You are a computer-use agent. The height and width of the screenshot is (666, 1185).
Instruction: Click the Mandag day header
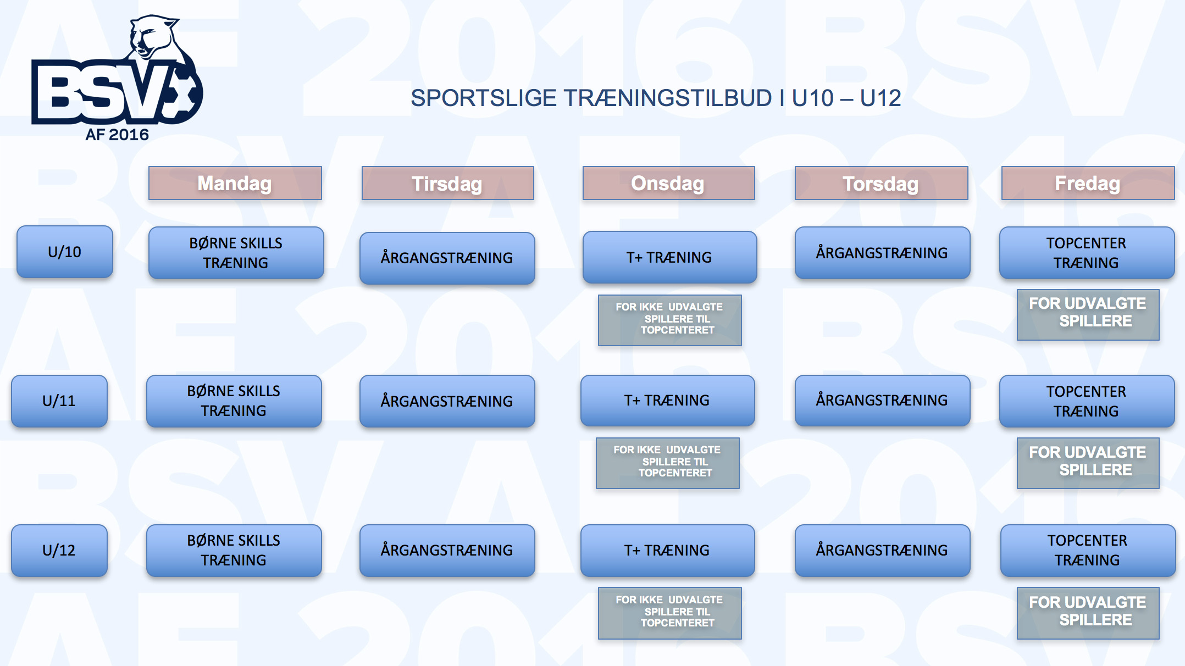235,183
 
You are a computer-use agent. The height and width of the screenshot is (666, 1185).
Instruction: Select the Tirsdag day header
447,183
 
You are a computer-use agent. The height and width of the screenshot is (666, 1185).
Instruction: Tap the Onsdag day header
668,183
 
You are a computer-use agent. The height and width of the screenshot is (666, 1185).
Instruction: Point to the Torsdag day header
881,183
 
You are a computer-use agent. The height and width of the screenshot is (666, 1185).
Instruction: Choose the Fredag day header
1088,183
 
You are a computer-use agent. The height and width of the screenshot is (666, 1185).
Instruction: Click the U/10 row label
65,252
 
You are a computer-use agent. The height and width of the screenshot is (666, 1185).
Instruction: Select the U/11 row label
59,401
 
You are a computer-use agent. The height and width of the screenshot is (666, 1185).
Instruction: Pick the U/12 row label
59,551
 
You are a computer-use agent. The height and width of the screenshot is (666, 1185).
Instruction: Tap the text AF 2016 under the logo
117,135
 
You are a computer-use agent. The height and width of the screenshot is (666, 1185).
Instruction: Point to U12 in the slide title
881,98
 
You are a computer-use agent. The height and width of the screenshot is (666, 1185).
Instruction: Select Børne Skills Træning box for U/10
236,253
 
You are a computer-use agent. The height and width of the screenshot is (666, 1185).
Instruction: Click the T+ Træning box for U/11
667,401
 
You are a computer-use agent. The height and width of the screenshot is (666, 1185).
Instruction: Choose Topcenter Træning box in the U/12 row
1088,551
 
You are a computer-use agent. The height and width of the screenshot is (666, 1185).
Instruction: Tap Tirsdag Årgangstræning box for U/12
447,551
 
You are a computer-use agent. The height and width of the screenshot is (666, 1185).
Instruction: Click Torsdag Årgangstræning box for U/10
882,253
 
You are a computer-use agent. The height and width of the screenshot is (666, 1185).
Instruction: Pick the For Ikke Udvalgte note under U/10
669,320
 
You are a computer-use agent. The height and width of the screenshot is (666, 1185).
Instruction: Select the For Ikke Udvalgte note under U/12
669,613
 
